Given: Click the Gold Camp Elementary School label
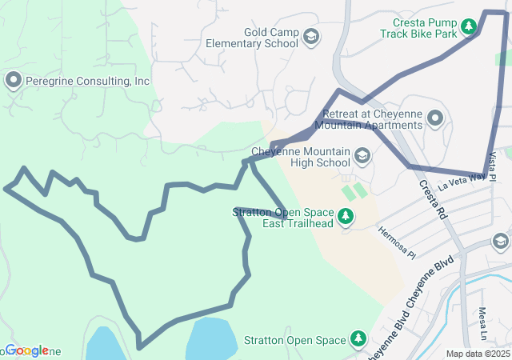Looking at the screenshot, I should coord(252,38).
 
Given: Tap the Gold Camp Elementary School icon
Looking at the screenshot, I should coord(311,37).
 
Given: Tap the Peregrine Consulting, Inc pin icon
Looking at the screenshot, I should coord(13,81).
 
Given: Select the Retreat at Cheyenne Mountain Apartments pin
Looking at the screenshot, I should coord(436,120).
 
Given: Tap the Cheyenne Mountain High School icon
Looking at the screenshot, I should coord(362,155).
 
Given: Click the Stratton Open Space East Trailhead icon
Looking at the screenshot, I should coord(346,216).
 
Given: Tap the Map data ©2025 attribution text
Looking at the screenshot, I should coord(477,354).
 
